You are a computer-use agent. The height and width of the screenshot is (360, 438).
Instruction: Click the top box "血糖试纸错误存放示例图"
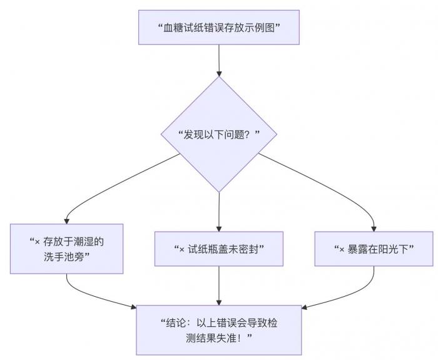click(x=218, y=28)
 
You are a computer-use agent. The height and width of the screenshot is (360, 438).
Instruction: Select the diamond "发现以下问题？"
click(x=218, y=135)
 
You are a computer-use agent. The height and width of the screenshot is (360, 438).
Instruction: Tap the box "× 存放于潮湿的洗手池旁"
click(x=66, y=249)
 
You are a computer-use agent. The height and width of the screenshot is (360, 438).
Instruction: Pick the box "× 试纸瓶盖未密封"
click(x=218, y=249)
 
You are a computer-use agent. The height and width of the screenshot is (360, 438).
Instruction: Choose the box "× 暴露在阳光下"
click(x=374, y=249)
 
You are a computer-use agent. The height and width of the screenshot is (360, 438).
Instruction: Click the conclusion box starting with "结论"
click(x=218, y=329)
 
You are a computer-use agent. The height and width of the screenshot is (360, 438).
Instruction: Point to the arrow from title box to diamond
click(x=218, y=60)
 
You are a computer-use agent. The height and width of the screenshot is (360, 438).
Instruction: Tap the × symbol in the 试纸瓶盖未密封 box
click(x=182, y=249)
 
